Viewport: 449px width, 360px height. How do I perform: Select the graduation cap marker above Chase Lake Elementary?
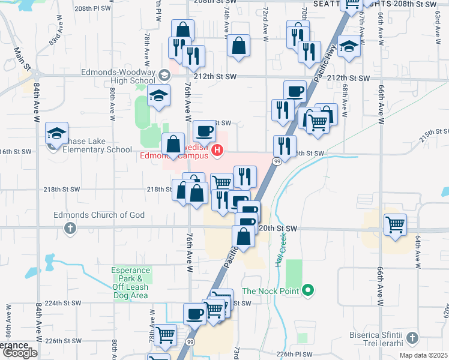pyautogui.click(x=57, y=134)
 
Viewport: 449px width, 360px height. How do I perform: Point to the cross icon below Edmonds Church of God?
pyautogui.click(x=70, y=228)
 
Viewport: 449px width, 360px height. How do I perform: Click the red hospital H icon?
pyautogui.click(x=218, y=151)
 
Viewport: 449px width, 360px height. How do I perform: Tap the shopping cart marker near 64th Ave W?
pyautogui.click(x=395, y=225)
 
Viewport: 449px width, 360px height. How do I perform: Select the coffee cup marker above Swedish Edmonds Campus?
pyautogui.click(x=204, y=130)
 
